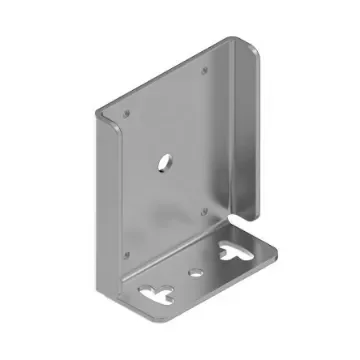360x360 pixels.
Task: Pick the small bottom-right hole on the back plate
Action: point(206,210)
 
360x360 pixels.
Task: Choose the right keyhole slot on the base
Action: point(240,252)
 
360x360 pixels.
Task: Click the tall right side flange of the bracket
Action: point(248,130)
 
